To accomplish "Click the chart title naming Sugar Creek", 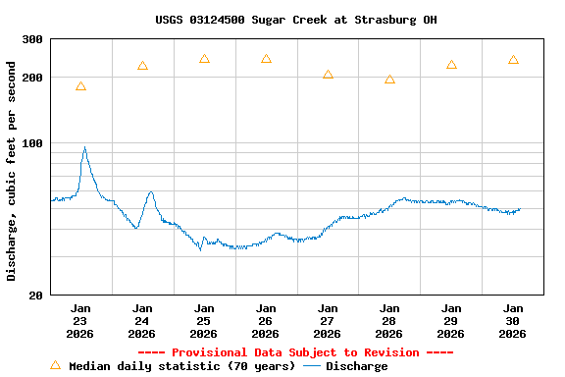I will (x=295, y=20).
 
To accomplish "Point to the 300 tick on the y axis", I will (x=32, y=40).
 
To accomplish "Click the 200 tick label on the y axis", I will (x=32, y=78).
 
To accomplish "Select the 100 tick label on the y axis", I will (x=32, y=143).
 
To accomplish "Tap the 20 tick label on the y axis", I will (x=36, y=296).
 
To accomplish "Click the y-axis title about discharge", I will (x=12, y=171).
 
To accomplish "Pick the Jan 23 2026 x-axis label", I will (x=80, y=321).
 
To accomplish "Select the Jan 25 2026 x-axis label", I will (x=204, y=321).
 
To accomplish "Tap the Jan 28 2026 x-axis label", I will (x=389, y=321).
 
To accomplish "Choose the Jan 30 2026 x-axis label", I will (x=513, y=321).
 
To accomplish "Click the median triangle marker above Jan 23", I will (x=80, y=86).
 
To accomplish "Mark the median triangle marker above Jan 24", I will (x=142, y=66).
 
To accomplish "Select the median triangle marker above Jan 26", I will (x=266, y=59).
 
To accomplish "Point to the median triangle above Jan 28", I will (x=389, y=80).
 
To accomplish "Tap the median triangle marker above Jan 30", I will (x=513, y=60).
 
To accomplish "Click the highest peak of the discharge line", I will (x=84, y=148).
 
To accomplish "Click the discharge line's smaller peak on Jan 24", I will (x=150, y=192).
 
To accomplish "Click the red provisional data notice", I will (x=295, y=352).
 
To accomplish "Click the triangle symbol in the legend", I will (x=55, y=365).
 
